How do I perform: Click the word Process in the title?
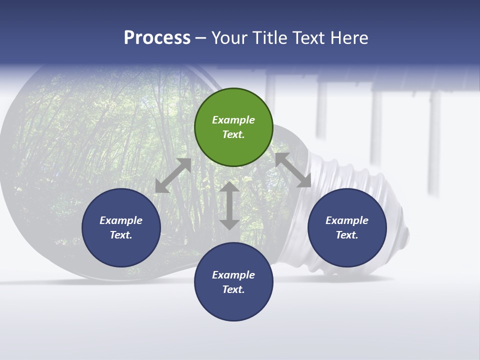pyautogui.click(x=157, y=38)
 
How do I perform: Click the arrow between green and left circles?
pyautogui.click(x=173, y=175)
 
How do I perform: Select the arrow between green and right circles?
pyautogui.click(x=293, y=170)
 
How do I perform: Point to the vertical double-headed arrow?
pyautogui.click(x=229, y=205)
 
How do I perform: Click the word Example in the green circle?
pyautogui.click(x=233, y=120)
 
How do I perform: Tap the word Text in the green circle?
pyautogui.click(x=232, y=134)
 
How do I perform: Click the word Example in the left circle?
pyautogui.click(x=121, y=220)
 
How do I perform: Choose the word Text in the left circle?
pyautogui.click(x=120, y=235)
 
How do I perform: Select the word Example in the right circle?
pyautogui.click(x=347, y=220)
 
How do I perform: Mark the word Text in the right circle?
pyautogui.click(x=346, y=235)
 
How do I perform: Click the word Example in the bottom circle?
pyautogui.click(x=233, y=275)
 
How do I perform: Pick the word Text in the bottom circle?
pyautogui.click(x=232, y=289)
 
